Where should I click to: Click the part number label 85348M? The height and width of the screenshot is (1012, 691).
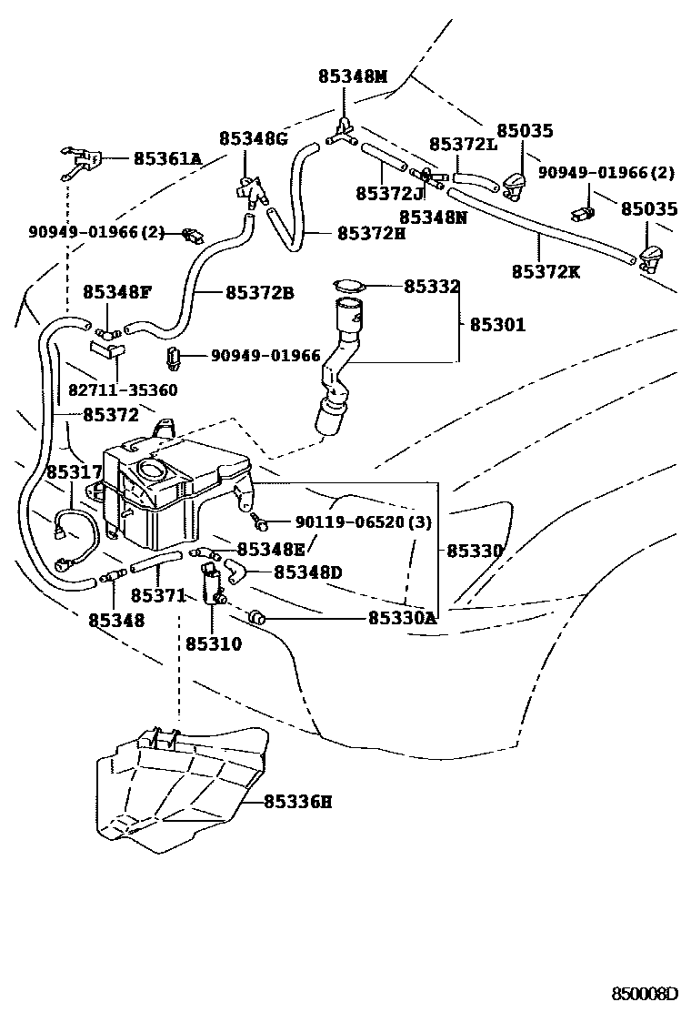[x=353, y=76]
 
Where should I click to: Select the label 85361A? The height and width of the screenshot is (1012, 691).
[x=167, y=158]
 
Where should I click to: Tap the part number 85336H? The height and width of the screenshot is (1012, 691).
[x=297, y=802]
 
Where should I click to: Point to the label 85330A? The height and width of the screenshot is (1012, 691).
[x=402, y=618]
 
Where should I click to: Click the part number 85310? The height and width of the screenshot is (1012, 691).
[x=214, y=644]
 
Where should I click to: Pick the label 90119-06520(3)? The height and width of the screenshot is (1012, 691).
[x=364, y=522]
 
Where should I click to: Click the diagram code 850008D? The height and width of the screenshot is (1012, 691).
[x=645, y=992]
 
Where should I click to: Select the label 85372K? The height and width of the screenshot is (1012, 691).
[x=546, y=271]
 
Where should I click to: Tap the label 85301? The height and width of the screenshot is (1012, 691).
[x=497, y=324]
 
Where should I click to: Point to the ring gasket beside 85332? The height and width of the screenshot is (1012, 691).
[x=346, y=286]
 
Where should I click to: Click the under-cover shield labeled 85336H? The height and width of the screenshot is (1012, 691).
[x=182, y=787]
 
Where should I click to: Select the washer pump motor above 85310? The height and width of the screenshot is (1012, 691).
[x=215, y=583]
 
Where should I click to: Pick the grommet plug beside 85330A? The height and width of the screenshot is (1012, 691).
[x=256, y=619]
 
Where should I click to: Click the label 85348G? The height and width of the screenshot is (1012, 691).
[x=253, y=138]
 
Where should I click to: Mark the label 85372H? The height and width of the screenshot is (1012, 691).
[x=371, y=234]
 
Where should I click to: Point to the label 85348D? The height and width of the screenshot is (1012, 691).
[x=307, y=572]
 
